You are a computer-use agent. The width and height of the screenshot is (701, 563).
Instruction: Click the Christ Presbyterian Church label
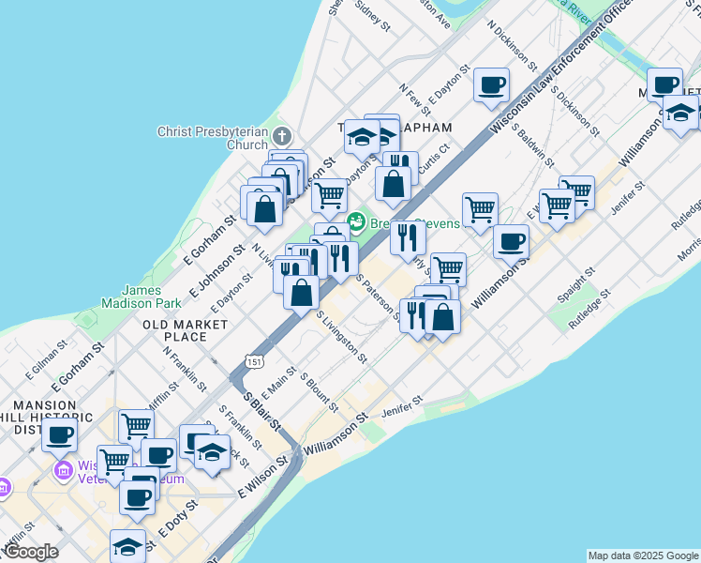coord(213,138)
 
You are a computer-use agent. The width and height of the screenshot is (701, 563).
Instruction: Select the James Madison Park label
coord(142,297)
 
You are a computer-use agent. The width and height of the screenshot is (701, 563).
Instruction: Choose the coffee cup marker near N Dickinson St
coord(491,85)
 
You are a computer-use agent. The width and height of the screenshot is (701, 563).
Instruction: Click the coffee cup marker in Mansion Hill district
coord(60,434)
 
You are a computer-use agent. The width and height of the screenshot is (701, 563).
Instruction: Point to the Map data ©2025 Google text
coord(643,555)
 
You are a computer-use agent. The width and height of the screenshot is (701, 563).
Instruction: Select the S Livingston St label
coord(342,337)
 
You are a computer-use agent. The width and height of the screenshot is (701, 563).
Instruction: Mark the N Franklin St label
coord(185,369)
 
